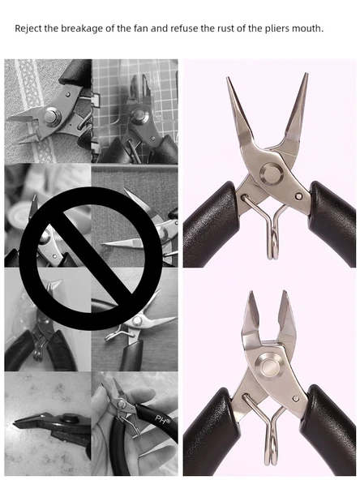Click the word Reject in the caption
(28, 28)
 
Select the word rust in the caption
(225, 28)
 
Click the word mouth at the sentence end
(307, 28)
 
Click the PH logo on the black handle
(162, 419)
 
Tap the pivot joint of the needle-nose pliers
(272, 173)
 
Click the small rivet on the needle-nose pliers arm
(299, 196)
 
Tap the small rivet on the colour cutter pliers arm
(296, 398)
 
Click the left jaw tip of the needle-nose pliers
(228, 77)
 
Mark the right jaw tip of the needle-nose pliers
(306, 74)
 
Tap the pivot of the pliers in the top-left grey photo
(52, 117)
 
